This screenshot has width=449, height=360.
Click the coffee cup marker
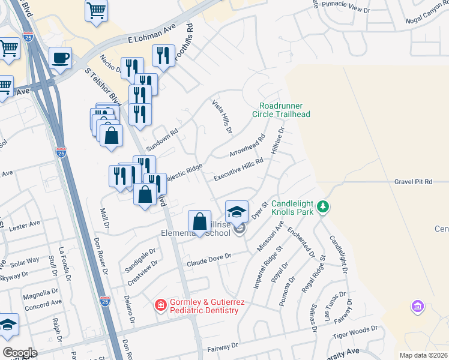tap(60, 59)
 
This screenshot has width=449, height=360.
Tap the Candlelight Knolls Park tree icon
tap(324, 207)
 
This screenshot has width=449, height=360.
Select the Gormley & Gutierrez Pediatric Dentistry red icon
tap(160, 305)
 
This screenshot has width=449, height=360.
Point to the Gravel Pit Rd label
tap(414, 181)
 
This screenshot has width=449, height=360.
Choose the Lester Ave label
tap(25, 223)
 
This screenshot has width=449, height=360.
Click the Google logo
tap(20, 352)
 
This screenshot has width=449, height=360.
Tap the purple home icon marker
tap(417, 307)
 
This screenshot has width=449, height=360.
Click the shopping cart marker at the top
tap(96, 11)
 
